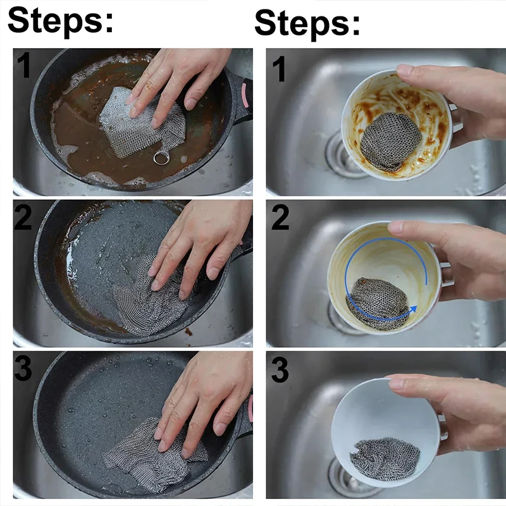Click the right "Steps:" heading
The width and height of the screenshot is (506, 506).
click(307, 23)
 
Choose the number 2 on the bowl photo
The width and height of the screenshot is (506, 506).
click(280, 218)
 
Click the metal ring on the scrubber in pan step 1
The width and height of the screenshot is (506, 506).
click(161, 157)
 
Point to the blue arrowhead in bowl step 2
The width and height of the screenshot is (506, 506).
click(412, 308)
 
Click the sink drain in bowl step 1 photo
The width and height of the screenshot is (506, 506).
click(338, 155)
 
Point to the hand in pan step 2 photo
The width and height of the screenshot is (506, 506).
click(196, 247)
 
